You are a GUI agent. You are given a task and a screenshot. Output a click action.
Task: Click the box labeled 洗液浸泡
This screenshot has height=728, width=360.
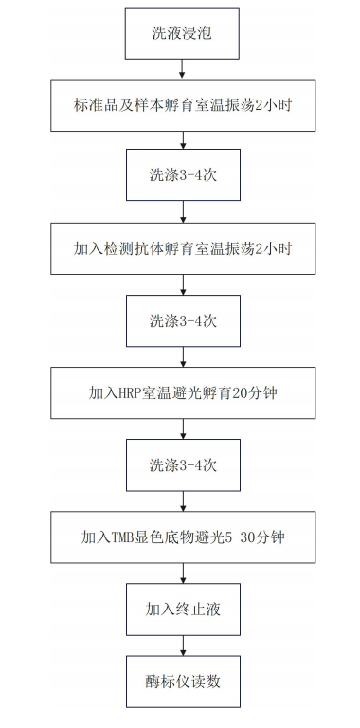coord(183,33)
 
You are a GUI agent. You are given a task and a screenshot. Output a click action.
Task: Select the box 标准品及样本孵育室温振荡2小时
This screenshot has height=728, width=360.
coord(183,105)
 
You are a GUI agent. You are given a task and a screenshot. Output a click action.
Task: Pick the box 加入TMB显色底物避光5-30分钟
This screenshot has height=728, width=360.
coord(183,536)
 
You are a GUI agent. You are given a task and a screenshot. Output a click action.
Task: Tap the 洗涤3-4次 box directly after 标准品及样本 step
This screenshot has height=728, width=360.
coord(183,177)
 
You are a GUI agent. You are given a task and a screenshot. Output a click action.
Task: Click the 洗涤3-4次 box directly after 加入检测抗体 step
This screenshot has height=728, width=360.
coord(183,320)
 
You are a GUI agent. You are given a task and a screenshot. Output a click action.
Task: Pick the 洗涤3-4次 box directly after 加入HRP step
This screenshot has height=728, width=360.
coord(183,464)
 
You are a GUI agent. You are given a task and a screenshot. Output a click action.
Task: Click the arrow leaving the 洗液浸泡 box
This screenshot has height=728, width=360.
coord(183,67)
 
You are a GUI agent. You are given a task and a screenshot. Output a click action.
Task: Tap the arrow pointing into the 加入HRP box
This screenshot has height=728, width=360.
coord(183,356)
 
